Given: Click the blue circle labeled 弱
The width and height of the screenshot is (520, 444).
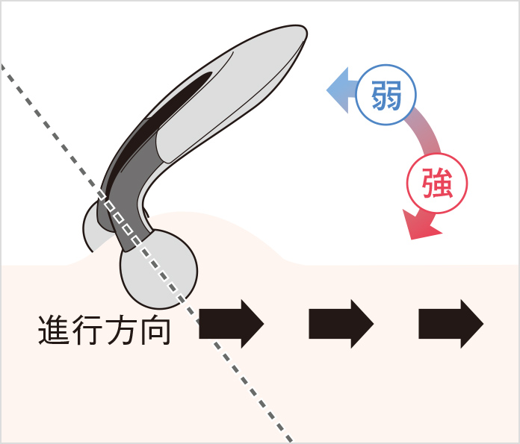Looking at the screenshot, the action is pos(386,95).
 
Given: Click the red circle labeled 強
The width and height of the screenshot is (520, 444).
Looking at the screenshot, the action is pos(437,184).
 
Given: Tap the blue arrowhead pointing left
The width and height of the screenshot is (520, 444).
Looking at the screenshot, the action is pos(338,90).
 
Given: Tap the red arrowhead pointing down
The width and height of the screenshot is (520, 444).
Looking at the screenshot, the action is pos(421,225).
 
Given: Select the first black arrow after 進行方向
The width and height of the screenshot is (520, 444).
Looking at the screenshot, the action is pos(231,324).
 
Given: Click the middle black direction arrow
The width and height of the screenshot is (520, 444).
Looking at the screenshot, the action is pos(341,324).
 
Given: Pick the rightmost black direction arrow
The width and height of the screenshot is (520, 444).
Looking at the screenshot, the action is pos(451,324).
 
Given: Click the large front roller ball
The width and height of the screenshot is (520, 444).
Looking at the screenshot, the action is pos(158,269).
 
